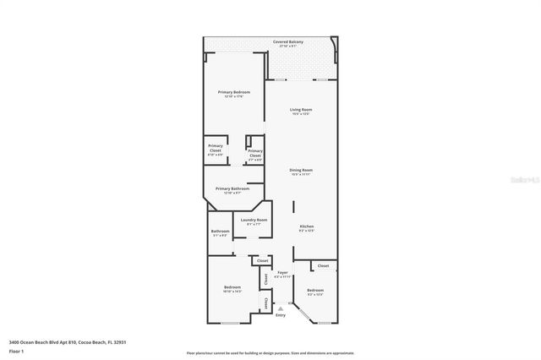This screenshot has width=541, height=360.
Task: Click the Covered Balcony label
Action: (x=288, y=41)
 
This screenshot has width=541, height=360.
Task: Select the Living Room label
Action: (x=302, y=110)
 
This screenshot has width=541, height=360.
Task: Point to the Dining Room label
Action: (x=302, y=171)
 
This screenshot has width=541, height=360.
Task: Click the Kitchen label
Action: (x=306, y=226)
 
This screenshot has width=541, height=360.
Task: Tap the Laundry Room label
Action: (x=254, y=221)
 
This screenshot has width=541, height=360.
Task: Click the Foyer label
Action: (x=282, y=273)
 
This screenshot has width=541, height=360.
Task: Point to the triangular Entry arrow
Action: (x=281, y=308)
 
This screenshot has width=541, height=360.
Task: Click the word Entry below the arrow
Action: (x=281, y=315)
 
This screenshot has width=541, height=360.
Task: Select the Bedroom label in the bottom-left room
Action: (x=233, y=288)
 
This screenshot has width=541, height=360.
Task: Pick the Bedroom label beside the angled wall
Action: (x=315, y=290)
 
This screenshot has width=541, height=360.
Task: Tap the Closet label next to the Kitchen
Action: (x=323, y=265)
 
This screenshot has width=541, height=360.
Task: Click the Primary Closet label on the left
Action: (x=216, y=148)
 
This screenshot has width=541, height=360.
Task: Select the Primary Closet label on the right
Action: (x=254, y=153)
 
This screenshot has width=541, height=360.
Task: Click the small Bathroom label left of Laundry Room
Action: (x=221, y=231)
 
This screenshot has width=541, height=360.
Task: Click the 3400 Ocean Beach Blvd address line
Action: (x=67, y=341)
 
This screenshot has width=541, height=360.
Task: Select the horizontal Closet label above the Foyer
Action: (x=262, y=260)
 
